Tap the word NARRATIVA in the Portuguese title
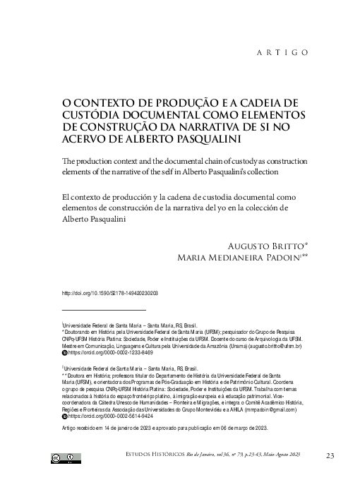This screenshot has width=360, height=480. click(x=210, y=126)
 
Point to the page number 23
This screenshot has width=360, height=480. click(x=330, y=456)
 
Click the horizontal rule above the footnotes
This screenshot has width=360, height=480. click(x=104, y=309)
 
